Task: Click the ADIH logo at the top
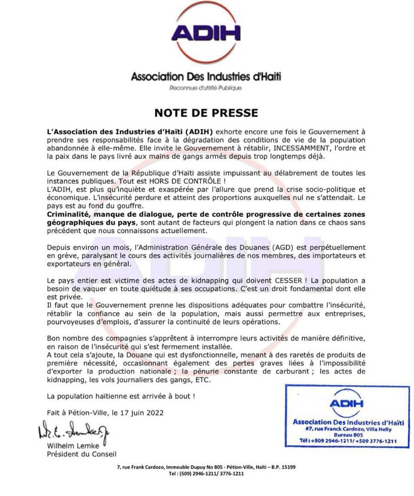coord(206,33)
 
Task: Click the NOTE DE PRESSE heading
coord(206,113)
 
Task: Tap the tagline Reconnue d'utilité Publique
coord(205,88)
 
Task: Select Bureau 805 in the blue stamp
coord(347,434)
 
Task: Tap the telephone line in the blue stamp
coord(347,441)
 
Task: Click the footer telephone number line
coord(206,473)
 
